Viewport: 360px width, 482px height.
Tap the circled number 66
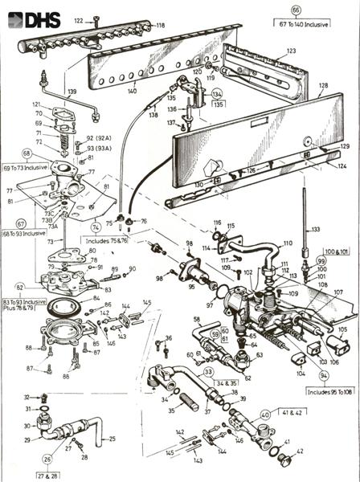(296, 10)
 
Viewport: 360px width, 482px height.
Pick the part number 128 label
(323, 84)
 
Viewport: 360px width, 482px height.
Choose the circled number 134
(217, 94)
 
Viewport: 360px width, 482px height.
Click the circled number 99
(321, 261)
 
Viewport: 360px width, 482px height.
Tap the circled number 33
(208, 372)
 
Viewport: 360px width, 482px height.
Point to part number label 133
(315, 229)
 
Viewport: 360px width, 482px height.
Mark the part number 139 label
(72, 92)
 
